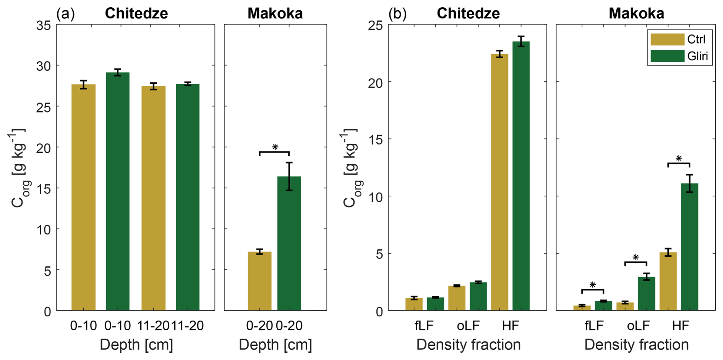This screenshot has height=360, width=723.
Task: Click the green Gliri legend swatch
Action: [x=667, y=56]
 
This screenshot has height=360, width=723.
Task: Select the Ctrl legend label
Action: [x=696, y=39]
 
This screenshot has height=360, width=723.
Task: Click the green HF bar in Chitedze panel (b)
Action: [x=521, y=176]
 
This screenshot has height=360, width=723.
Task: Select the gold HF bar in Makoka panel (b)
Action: [x=668, y=281]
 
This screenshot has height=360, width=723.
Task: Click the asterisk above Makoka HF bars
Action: [x=679, y=158]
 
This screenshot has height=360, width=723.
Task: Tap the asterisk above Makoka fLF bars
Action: [x=593, y=285]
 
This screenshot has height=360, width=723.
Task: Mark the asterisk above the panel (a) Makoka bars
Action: [x=275, y=147]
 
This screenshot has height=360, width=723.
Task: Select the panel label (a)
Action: [x=65, y=14]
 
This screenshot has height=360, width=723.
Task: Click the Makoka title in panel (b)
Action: [x=636, y=14]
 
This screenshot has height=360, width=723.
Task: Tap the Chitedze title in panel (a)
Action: [x=136, y=14]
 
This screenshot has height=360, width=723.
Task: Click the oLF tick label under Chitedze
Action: [x=468, y=326]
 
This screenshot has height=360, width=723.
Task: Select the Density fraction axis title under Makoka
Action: [x=636, y=345]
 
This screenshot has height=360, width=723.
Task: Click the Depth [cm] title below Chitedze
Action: [x=136, y=345]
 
